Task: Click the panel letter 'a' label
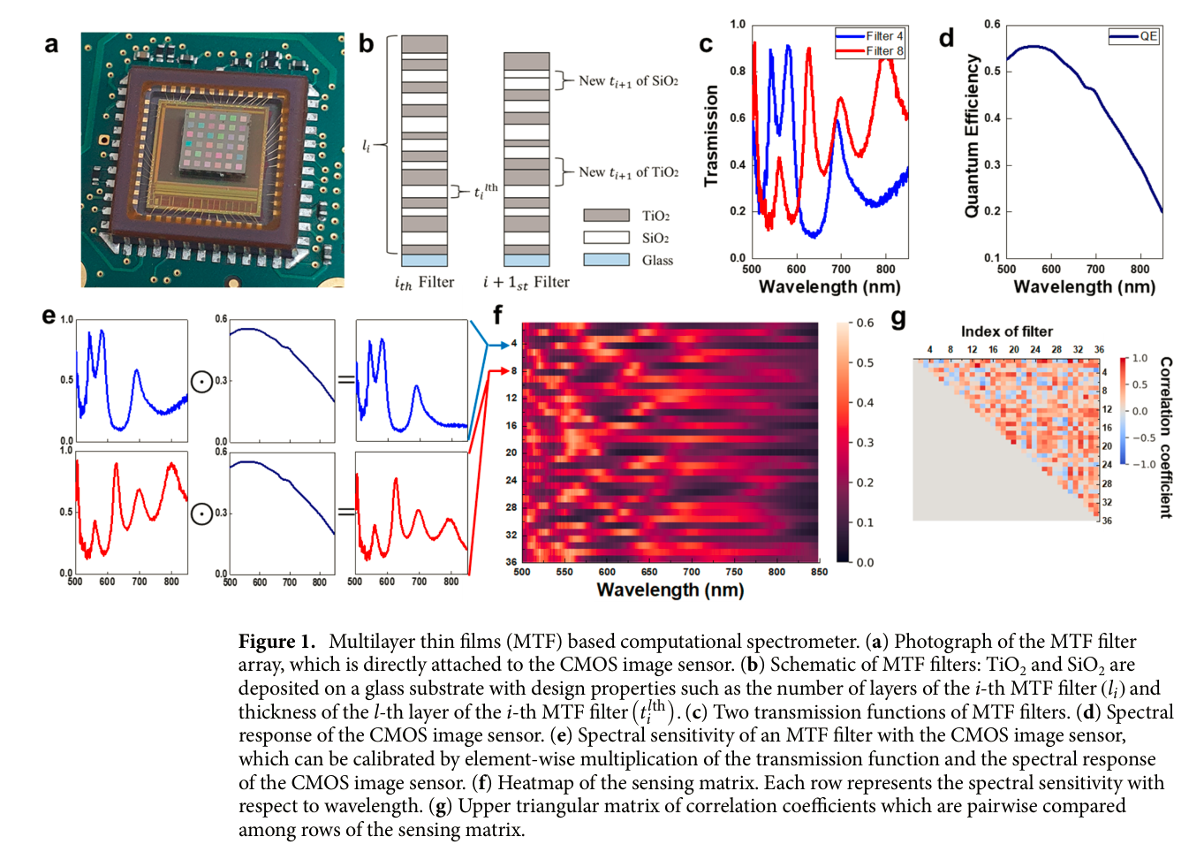(x=52, y=44)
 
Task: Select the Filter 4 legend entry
(x=870, y=36)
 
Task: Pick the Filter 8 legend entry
(x=870, y=51)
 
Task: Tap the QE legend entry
(x=1134, y=36)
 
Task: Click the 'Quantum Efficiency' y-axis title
(x=972, y=136)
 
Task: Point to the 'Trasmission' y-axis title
(x=711, y=136)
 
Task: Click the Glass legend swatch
(x=606, y=260)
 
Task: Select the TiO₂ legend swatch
(x=606, y=216)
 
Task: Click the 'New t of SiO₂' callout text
(x=628, y=81)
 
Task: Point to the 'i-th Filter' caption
(x=424, y=283)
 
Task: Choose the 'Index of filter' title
(x=1006, y=331)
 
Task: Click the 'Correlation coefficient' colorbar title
(x=1166, y=437)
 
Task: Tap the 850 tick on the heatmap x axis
(x=819, y=572)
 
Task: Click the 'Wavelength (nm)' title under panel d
(x=1084, y=286)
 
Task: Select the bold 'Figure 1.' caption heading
(x=276, y=642)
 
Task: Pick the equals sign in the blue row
(x=345, y=380)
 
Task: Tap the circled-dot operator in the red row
(x=202, y=513)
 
